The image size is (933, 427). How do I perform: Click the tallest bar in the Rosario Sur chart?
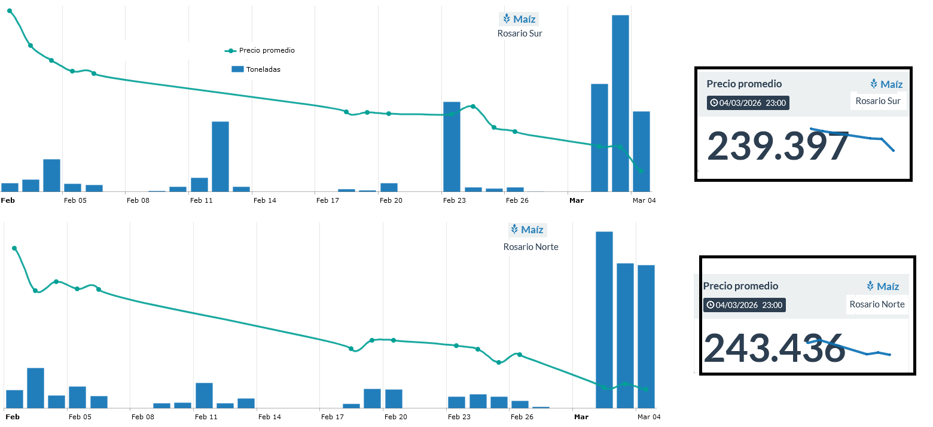(x=620, y=103)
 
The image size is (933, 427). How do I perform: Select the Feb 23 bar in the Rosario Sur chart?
(x=452, y=147)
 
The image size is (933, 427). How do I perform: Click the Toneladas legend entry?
(x=263, y=69)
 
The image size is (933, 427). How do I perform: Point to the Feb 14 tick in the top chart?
(x=265, y=200)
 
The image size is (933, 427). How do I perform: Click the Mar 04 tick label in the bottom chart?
(x=648, y=417)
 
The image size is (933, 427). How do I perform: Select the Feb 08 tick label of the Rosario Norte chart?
(x=143, y=417)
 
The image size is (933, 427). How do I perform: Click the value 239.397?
(x=777, y=147)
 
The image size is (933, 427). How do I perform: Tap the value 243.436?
(x=774, y=347)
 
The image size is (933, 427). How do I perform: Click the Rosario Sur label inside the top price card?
(x=877, y=101)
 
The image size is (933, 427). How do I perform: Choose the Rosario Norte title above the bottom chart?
(x=530, y=247)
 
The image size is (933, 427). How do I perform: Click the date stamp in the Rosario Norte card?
(x=745, y=305)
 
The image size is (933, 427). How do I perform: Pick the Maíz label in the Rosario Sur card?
(x=886, y=84)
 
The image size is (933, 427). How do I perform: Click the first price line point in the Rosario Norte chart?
(x=14, y=248)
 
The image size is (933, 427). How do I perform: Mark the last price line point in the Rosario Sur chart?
(x=641, y=171)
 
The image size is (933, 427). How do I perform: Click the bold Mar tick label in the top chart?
(x=576, y=200)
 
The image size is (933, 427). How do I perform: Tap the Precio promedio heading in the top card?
(x=744, y=84)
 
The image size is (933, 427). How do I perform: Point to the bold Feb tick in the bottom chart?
(x=12, y=417)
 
